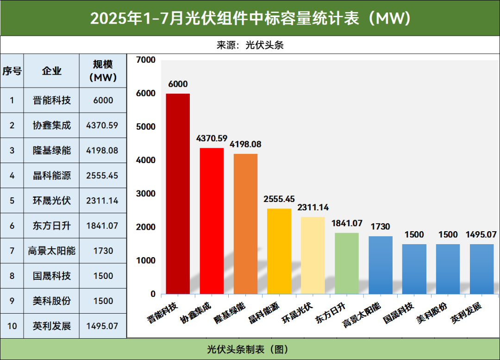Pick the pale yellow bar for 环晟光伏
(x=313, y=255)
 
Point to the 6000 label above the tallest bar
(x=178, y=84)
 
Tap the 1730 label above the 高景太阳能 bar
(x=380, y=227)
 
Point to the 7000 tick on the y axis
(x=146, y=60)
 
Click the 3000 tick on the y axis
(x=146, y=194)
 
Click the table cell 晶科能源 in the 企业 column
(x=52, y=176)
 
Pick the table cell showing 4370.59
(x=102, y=125)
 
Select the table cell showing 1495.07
(x=102, y=326)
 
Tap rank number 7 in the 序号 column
(x=12, y=251)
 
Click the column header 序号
(x=12, y=71)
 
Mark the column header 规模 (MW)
(x=102, y=71)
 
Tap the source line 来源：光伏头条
(x=250, y=45)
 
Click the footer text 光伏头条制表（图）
(x=250, y=349)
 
